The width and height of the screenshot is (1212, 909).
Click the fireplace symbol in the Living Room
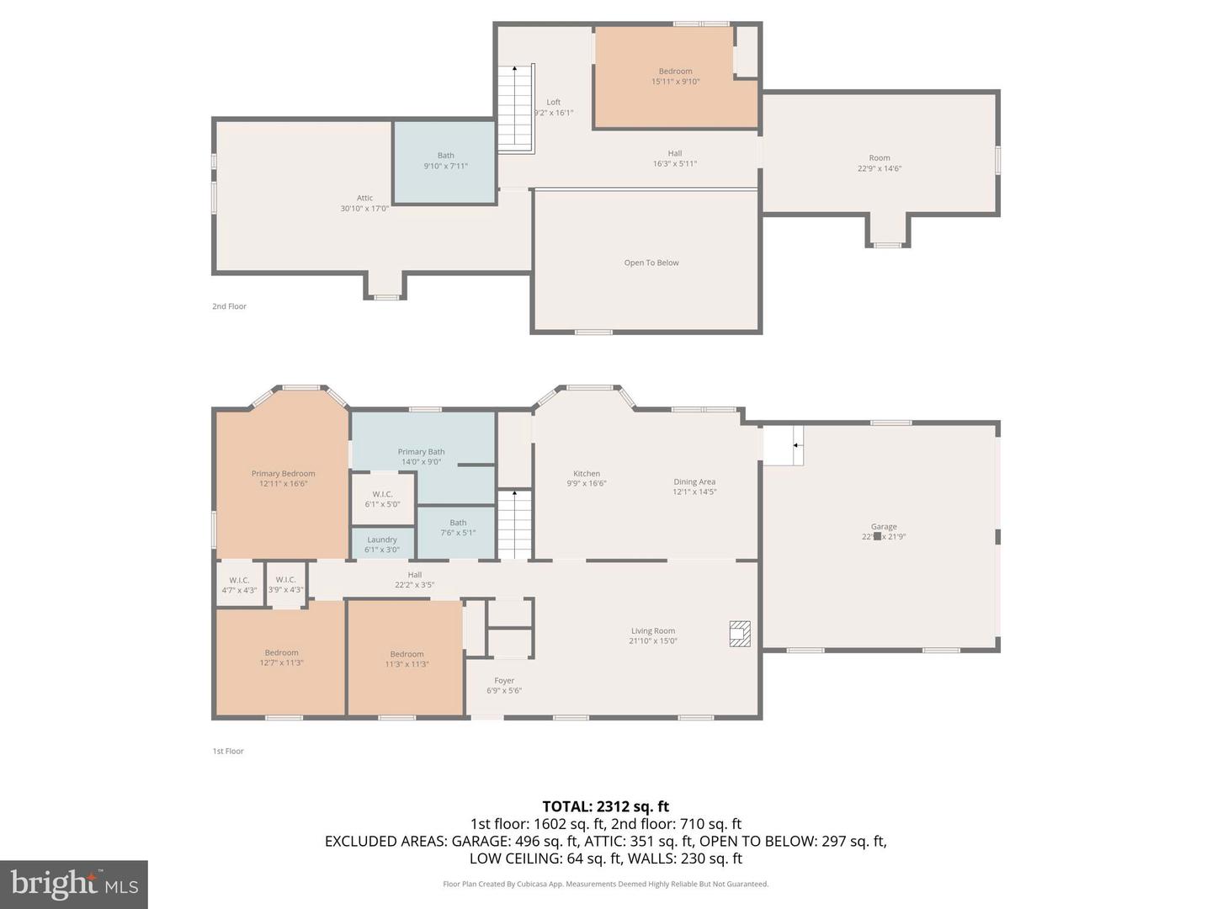click(x=739, y=634)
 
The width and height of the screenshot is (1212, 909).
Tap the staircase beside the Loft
click(x=516, y=109)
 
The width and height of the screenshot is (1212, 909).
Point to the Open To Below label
click(x=651, y=263)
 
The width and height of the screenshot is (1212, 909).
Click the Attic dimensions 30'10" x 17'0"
click(x=364, y=209)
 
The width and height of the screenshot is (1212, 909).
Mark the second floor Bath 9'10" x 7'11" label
click(x=445, y=161)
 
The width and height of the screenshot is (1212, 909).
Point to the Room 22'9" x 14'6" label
click(x=880, y=162)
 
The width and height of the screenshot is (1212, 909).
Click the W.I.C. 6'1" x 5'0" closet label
click(x=382, y=499)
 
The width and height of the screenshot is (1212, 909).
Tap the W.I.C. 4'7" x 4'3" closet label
click(x=239, y=585)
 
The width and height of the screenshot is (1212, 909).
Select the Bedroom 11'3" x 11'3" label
click(x=407, y=659)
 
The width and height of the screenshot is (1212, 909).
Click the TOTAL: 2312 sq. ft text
click(x=605, y=806)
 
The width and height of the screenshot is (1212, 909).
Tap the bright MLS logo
click(x=74, y=884)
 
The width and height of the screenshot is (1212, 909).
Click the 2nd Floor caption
click(x=229, y=306)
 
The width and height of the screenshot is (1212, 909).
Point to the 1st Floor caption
click(x=228, y=751)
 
